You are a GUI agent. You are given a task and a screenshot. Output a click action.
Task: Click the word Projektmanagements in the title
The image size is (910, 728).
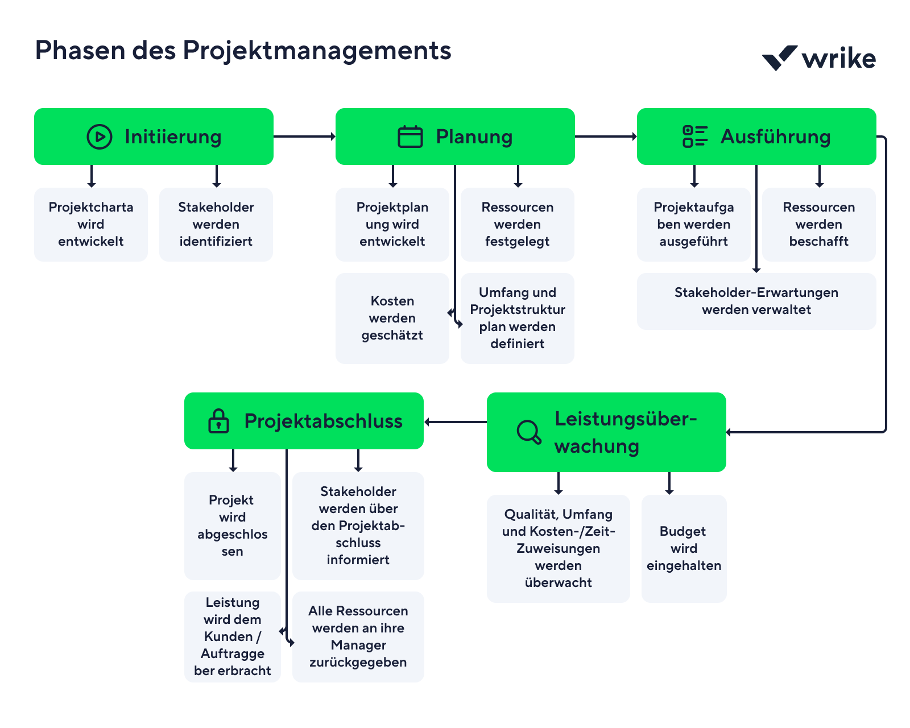pyautogui.click(x=317, y=51)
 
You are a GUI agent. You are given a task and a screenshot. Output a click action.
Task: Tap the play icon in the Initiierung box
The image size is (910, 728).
pyautogui.click(x=100, y=137)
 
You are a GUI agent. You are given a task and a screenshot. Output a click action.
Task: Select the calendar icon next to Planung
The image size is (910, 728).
pyautogui.click(x=410, y=137)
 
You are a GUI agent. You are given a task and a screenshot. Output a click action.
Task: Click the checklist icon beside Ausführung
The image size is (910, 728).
pyautogui.click(x=695, y=136)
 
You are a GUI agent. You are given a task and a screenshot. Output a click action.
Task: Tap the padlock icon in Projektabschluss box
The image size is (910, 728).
pyautogui.click(x=218, y=421)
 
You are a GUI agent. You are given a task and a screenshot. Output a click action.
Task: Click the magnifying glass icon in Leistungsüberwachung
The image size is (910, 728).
pyautogui.click(x=529, y=432)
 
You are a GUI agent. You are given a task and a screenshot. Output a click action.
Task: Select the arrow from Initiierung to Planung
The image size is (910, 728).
pyautogui.click(x=304, y=136)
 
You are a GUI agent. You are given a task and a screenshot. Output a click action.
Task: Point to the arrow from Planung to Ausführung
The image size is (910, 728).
pyautogui.click(x=606, y=136)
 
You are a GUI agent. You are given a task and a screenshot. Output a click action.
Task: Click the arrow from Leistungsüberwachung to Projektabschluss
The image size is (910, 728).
pyautogui.click(x=455, y=422)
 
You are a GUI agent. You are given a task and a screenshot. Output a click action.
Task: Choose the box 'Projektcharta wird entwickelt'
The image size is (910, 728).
pyautogui.click(x=91, y=225)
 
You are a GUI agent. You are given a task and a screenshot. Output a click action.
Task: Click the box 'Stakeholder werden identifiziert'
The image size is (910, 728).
pyautogui.click(x=216, y=225)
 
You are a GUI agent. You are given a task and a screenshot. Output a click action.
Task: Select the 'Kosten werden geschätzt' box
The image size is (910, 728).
pyautogui.click(x=392, y=318)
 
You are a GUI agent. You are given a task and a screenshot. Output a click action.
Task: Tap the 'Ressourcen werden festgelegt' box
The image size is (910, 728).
pyautogui.click(x=518, y=225)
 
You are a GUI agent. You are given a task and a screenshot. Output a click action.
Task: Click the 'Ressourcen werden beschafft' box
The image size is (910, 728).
pyautogui.click(x=819, y=225)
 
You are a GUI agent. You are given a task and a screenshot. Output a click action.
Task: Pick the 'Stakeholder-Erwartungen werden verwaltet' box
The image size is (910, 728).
pyautogui.click(x=756, y=301)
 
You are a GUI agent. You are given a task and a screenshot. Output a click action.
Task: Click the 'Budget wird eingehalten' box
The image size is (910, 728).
pyautogui.click(x=684, y=549)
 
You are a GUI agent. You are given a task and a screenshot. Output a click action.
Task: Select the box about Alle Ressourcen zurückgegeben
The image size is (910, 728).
pyautogui.click(x=358, y=637)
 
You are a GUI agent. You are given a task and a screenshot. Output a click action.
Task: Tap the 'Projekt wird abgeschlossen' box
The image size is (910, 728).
pyautogui.click(x=232, y=526)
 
